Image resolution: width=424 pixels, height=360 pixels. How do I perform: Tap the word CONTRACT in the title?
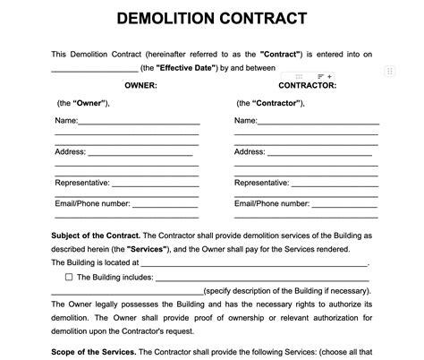[264, 18]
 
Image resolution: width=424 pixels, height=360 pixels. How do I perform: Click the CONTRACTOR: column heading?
[308, 85]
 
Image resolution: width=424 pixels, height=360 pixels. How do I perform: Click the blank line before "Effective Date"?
[94, 69]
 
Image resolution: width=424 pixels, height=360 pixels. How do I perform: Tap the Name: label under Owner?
[67, 120]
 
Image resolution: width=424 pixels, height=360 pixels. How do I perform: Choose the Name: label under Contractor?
[246, 120]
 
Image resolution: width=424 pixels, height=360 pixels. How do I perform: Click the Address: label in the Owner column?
[71, 151]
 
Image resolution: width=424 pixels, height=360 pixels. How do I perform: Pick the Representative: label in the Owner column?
[82, 183]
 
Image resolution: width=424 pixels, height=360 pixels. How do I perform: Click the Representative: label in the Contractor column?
[261, 183]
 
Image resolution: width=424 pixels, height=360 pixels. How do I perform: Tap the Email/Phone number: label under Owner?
[92, 203]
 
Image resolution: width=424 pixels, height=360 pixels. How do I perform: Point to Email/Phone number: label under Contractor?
[271, 203]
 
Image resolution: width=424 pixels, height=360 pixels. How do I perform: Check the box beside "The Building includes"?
[69, 278]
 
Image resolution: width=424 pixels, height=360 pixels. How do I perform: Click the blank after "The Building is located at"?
[254, 263]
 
